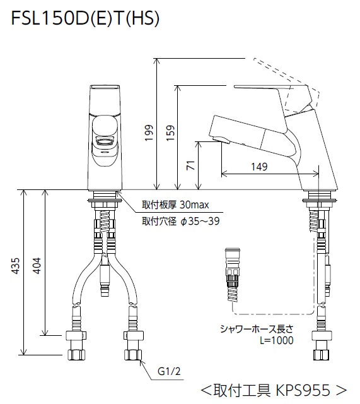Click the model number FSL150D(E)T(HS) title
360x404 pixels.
[x=85, y=20]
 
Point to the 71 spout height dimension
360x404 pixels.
[x=191, y=167]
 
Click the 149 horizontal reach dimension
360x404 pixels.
[x=258, y=167]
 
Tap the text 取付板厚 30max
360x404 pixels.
[x=175, y=205]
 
